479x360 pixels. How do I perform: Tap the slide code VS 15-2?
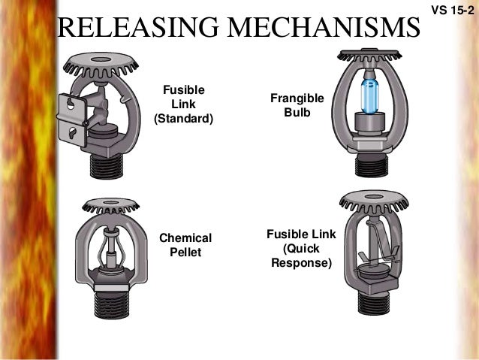(449, 11)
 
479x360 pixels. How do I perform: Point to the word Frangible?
(297, 98)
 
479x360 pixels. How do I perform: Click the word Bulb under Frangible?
(297, 113)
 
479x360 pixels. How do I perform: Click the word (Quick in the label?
(300, 249)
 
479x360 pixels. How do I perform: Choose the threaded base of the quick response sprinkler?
(373, 300)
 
